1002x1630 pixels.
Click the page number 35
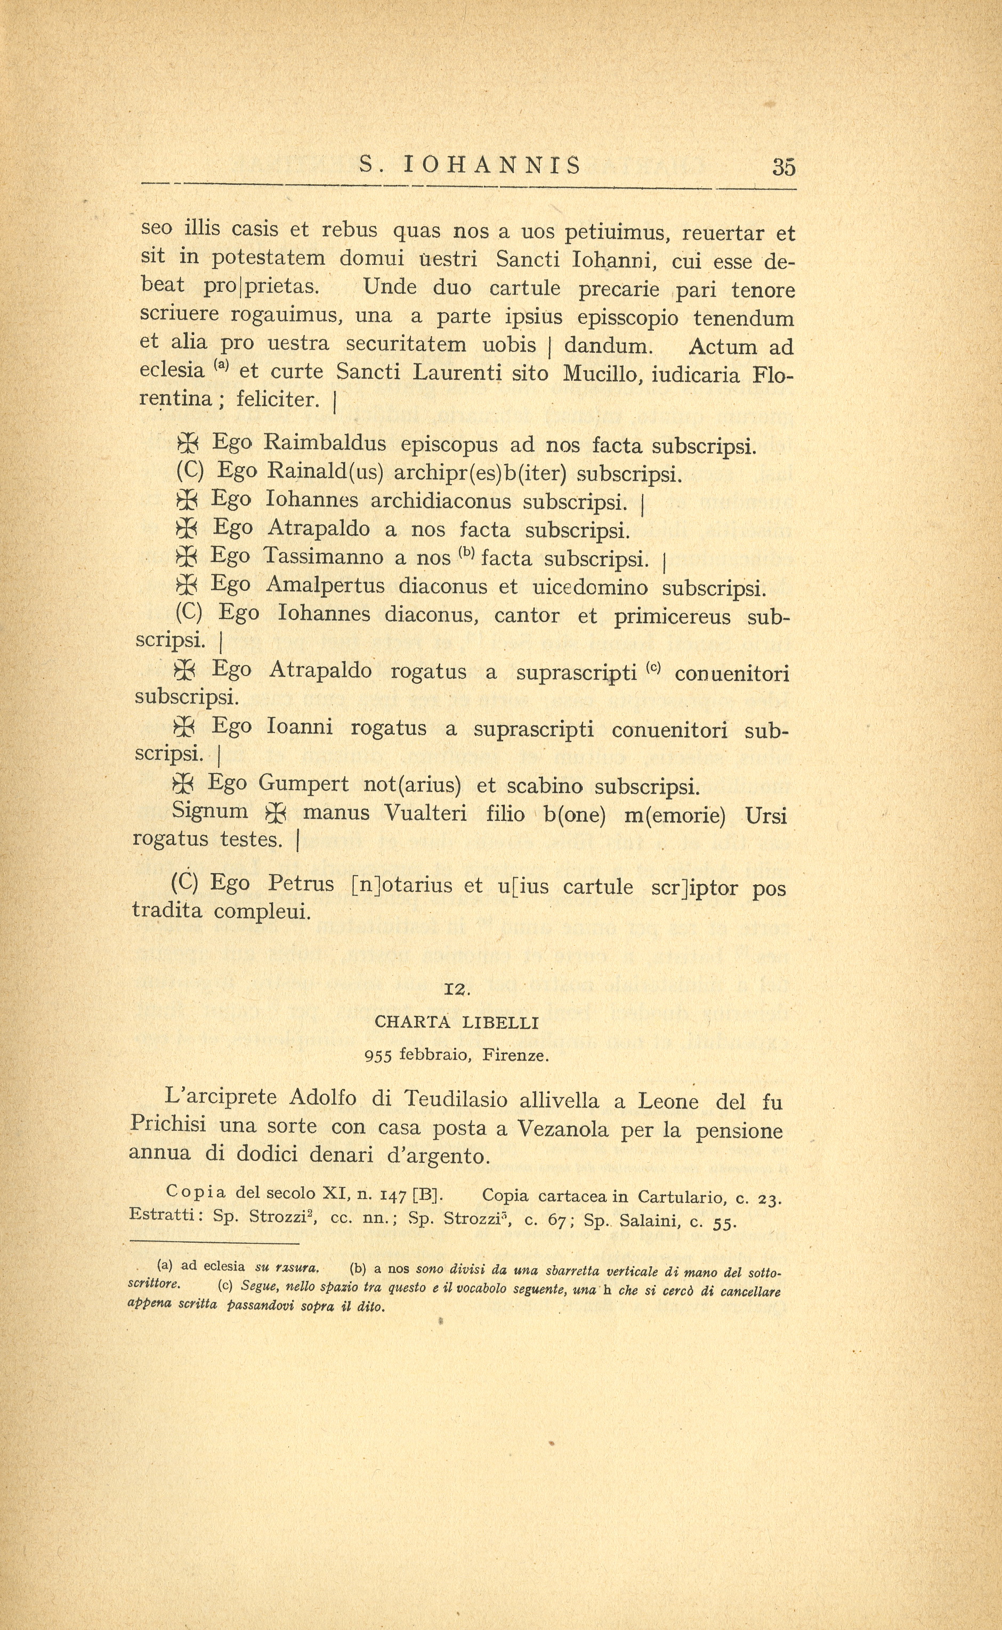[x=783, y=167]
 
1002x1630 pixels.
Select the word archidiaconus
[x=441, y=501]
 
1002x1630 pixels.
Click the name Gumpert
[x=303, y=784]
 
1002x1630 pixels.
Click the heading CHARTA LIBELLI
[x=457, y=1023]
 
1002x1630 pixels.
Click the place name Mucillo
[x=601, y=374]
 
